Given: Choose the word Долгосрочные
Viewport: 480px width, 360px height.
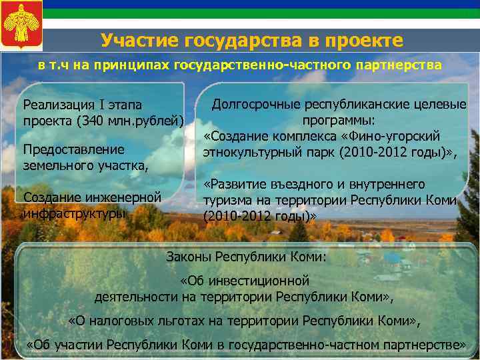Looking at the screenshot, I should pyautogui.click(x=256, y=105).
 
